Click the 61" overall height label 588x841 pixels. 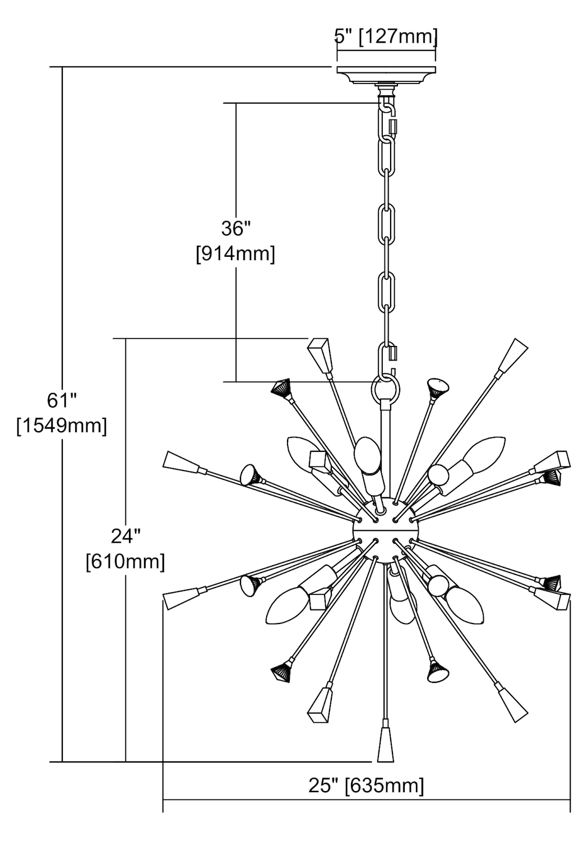pos(62,401)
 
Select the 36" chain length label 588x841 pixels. pos(236,229)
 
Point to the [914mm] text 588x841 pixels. pos(235,255)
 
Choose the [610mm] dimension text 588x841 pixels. pos(126,562)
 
